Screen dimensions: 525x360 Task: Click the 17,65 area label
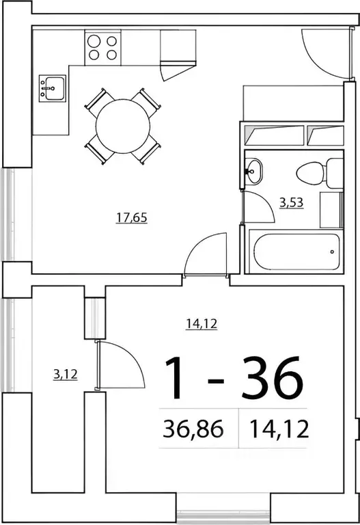pyautogui.click(x=132, y=219)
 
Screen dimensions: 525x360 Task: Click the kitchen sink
pyautogui.click(x=52, y=88)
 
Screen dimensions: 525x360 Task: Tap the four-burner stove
pyautogui.click(x=102, y=48)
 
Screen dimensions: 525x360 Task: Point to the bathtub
pyautogui.click(x=294, y=252)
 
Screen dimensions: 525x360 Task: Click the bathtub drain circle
pyautogui.click(x=332, y=252)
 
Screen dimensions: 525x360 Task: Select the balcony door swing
pyautogui.click(x=120, y=364)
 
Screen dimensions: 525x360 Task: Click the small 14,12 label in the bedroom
pyautogui.click(x=202, y=325)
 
